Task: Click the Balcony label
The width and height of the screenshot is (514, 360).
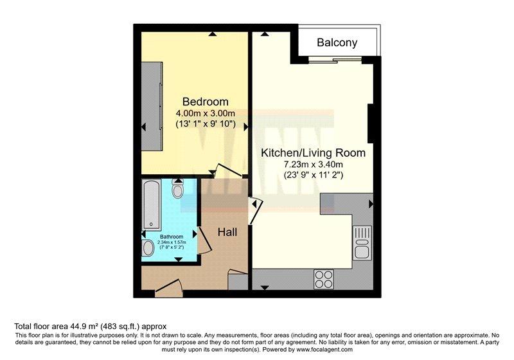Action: tap(337, 42)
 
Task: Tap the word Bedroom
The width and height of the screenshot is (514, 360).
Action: tap(205, 102)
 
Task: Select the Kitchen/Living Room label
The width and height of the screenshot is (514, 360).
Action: tap(313, 153)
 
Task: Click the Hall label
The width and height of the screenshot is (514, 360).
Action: tap(227, 232)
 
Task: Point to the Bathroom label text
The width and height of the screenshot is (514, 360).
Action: tap(172, 237)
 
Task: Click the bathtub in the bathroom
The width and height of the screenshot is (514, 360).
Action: tap(152, 204)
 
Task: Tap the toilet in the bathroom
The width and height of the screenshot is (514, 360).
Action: tap(178, 189)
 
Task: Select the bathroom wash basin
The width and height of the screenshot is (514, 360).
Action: tap(148, 248)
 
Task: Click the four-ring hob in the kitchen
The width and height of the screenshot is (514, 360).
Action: tap(324, 280)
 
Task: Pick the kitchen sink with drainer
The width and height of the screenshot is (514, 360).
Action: tap(362, 243)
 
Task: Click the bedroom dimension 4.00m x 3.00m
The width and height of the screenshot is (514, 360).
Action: tap(206, 113)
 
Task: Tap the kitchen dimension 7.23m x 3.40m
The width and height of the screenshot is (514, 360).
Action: tap(314, 165)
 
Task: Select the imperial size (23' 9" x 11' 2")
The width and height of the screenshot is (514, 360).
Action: tap(314, 175)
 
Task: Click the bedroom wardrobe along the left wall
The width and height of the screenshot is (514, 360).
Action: tap(152, 106)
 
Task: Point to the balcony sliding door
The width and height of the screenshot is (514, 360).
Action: tap(335, 60)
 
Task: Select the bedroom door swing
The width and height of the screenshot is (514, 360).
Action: tap(229, 171)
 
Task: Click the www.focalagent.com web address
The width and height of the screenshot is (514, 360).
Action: tap(324, 350)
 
